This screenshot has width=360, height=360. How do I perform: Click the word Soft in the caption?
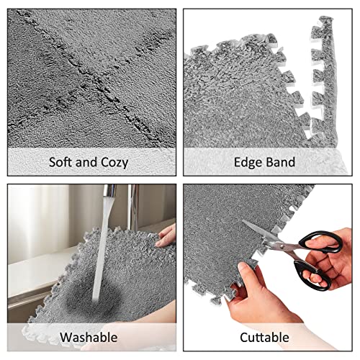click(61, 162)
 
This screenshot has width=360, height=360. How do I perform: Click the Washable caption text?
click(90, 337)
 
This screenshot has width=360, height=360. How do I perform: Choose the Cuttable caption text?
click(266, 337)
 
